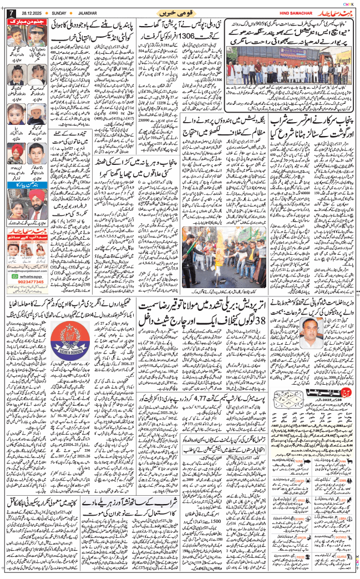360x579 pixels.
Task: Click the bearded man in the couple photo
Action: click(36, 211)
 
